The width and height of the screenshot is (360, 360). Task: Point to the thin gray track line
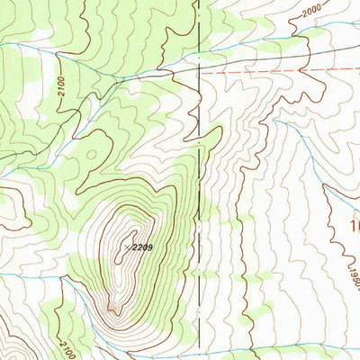pos(153,73)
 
